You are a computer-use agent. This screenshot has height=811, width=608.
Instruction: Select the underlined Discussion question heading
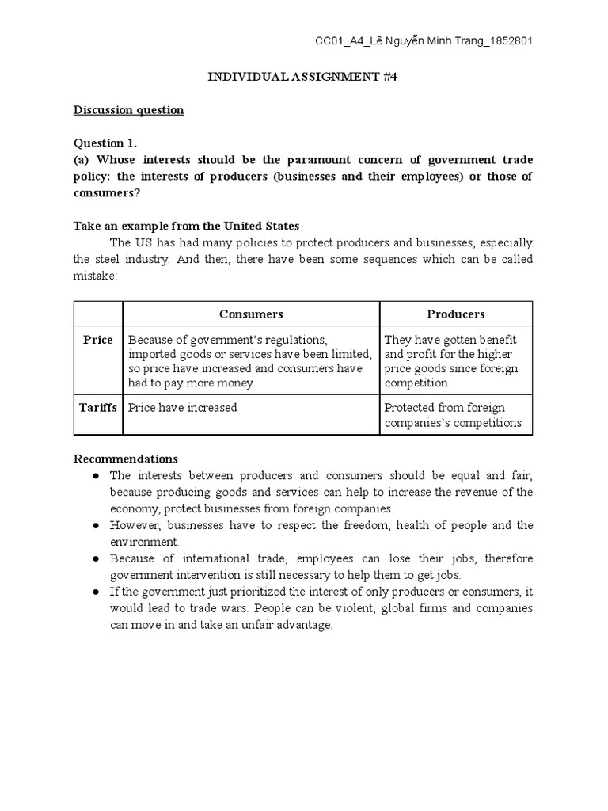click(x=128, y=110)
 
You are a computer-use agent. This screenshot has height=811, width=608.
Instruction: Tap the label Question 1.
click(x=105, y=143)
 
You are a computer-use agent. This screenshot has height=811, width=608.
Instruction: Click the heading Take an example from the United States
click(x=186, y=226)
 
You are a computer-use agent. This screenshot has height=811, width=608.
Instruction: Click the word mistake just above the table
click(x=95, y=276)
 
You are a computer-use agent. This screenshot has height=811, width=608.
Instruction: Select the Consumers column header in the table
click(x=251, y=314)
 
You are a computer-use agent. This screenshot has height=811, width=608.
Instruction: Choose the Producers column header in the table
click(x=455, y=314)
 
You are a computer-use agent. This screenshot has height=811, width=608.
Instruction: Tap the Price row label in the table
click(x=98, y=340)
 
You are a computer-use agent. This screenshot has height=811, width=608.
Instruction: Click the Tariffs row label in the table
click(x=98, y=408)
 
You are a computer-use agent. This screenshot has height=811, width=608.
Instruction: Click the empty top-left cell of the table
click(x=98, y=314)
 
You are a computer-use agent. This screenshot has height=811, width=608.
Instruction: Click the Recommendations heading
click(x=126, y=459)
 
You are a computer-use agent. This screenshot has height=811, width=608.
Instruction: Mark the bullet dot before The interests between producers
click(x=95, y=476)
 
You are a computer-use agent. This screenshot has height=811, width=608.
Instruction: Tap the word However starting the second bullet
click(x=134, y=526)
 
